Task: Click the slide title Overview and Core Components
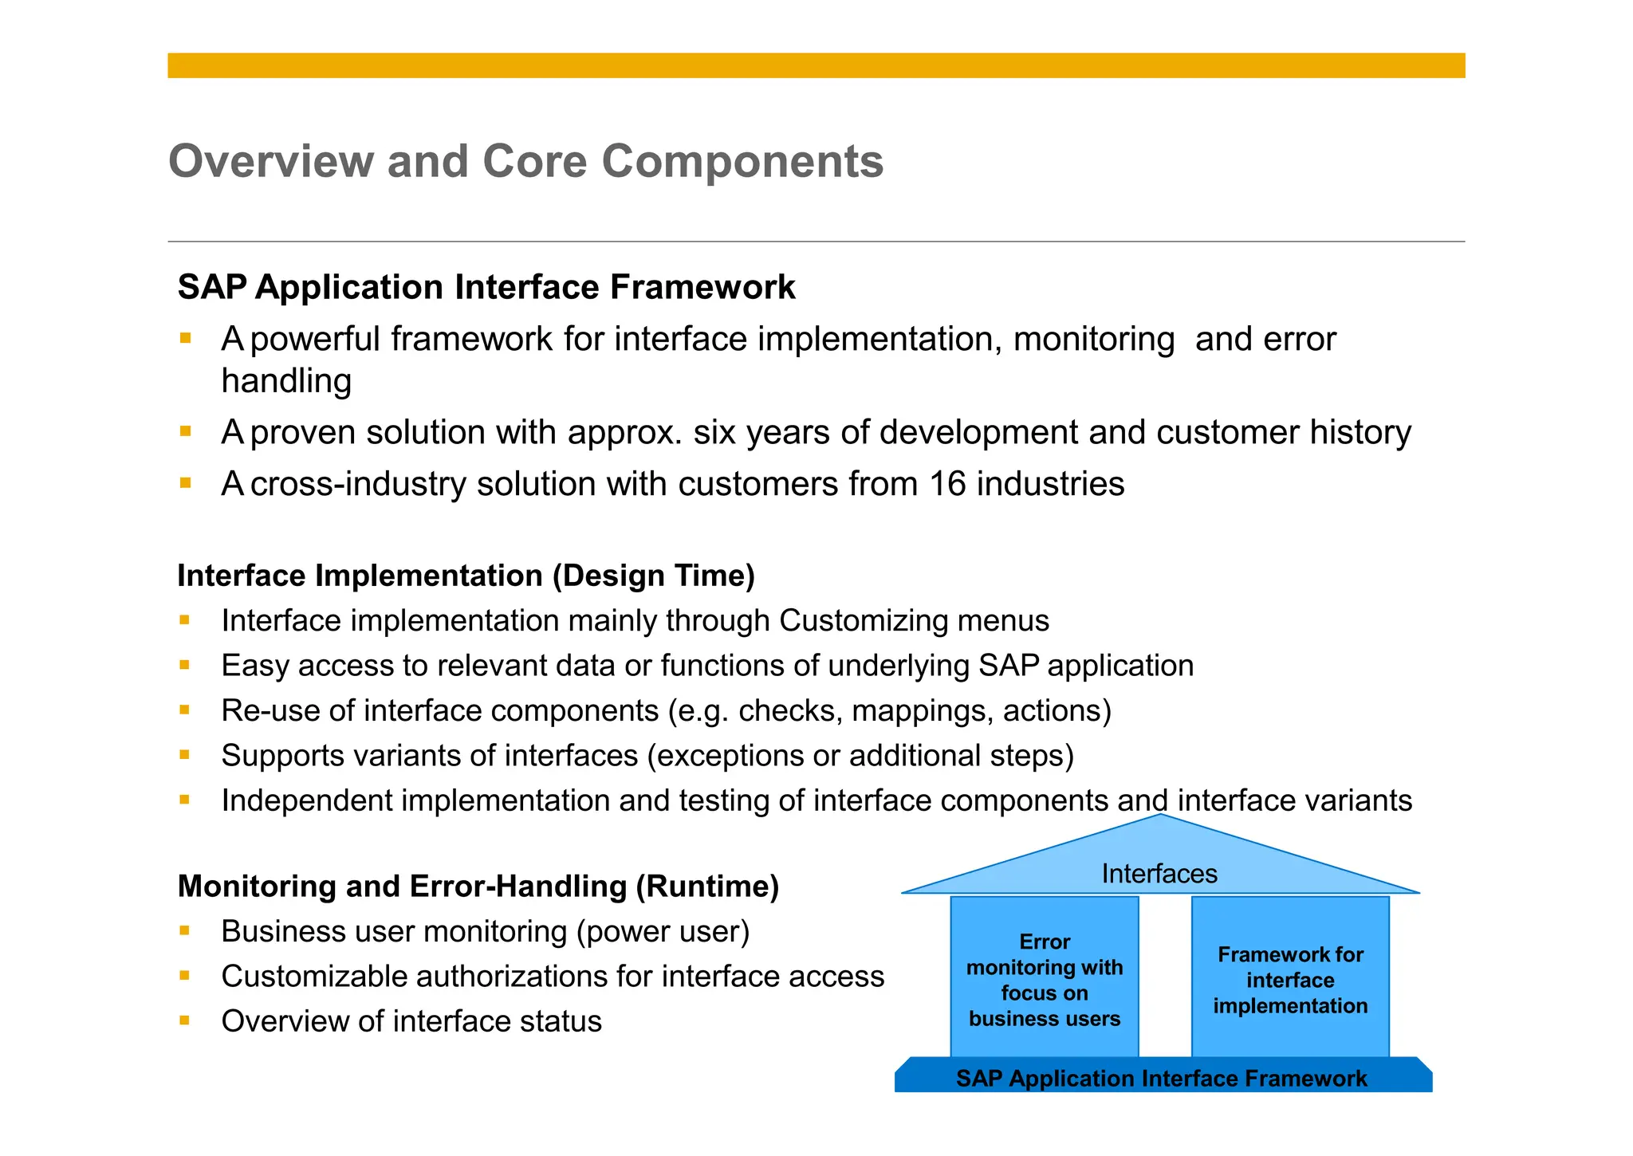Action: pos(525,161)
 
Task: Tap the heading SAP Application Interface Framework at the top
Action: pos(486,287)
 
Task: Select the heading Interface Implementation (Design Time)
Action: pos(466,576)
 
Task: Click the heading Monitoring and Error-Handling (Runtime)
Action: pos(478,887)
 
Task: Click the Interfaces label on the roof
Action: pos(1159,874)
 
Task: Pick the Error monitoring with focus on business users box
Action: pos(1045,980)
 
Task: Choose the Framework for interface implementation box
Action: pos(1290,980)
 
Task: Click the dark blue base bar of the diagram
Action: pos(1162,1079)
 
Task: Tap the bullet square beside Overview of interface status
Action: pos(185,1020)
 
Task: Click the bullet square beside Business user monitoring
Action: pos(185,930)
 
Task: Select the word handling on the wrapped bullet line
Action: pos(286,381)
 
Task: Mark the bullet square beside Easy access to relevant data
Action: pos(185,665)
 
